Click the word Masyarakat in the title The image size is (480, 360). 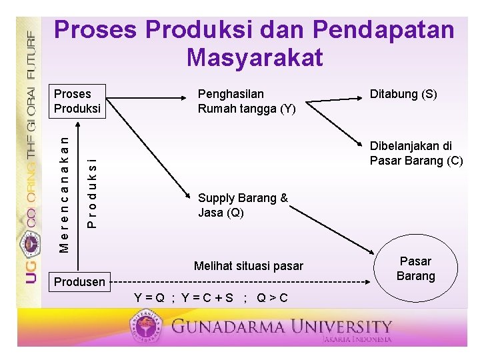click(x=255, y=57)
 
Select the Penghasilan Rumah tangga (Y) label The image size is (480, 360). click(x=246, y=101)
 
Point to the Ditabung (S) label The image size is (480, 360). click(x=403, y=94)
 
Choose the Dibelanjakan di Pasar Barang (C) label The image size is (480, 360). click(x=416, y=153)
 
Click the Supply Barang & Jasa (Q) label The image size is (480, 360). click(x=243, y=205)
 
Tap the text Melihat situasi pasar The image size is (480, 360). click(x=248, y=266)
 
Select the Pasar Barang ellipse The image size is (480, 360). click(x=415, y=269)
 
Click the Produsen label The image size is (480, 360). click(x=79, y=282)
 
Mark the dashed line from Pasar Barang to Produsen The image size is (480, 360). click(x=240, y=282)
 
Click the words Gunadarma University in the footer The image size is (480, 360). click(x=281, y=327)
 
